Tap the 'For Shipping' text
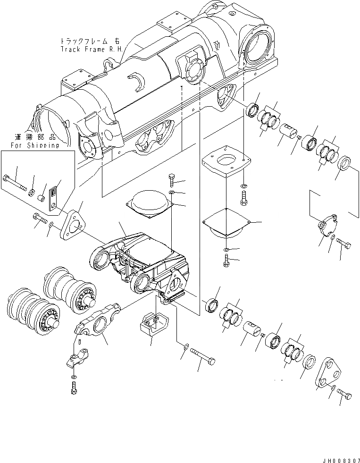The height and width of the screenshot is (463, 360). point(37,145)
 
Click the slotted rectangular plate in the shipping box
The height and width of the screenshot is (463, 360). point(54,198)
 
